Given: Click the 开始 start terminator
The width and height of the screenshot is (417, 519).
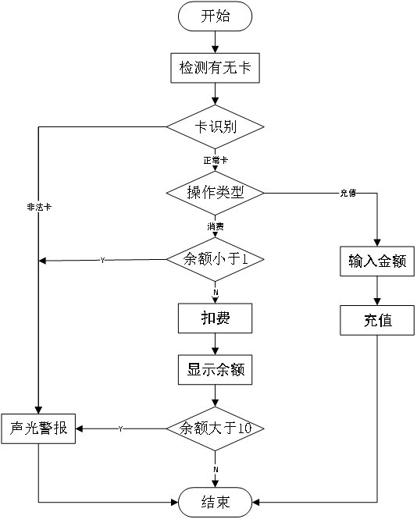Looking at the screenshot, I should [x=216, y=16].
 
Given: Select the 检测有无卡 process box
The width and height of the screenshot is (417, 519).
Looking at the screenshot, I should [x=215, y=68].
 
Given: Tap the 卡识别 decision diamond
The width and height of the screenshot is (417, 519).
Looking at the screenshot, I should [x=216, y=126].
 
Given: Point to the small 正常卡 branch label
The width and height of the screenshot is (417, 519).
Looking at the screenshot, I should [x=216, y=160].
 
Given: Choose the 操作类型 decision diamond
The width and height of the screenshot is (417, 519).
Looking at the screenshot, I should [x=216, y=192].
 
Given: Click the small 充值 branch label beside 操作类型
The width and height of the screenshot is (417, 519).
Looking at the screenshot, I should [x=347, y=193].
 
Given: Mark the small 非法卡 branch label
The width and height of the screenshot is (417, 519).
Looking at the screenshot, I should [x=39, y=207].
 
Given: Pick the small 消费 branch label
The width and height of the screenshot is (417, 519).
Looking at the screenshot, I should [x=216, y=226].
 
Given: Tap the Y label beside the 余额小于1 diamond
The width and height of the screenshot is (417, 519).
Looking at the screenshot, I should [x=102, y=260].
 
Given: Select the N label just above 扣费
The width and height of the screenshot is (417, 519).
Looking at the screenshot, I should [x=216, y=292].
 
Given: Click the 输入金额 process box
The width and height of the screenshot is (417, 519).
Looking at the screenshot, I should [x=377, y=261].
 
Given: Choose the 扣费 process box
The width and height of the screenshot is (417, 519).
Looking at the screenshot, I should [x=216, y=318].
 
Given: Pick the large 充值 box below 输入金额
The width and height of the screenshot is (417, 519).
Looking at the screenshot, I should [x=377, y=320].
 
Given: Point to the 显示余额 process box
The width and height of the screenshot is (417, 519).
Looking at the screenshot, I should [x=216, y=370].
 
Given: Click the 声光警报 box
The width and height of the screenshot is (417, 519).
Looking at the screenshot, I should [x=38, y=428].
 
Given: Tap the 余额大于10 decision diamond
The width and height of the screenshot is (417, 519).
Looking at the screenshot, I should [x=216, y=428].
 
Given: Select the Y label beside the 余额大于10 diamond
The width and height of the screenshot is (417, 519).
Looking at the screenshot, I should [x=120, y=429].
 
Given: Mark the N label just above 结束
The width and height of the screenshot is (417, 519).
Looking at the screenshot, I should [x=216, y=469].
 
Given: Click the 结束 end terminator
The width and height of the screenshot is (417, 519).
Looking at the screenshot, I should [x=216, y=501].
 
